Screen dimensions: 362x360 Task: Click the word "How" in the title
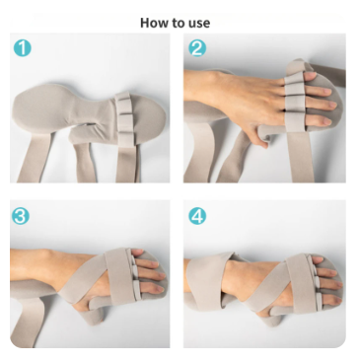(153, 22)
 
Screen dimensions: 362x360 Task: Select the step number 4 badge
(197, 216)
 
